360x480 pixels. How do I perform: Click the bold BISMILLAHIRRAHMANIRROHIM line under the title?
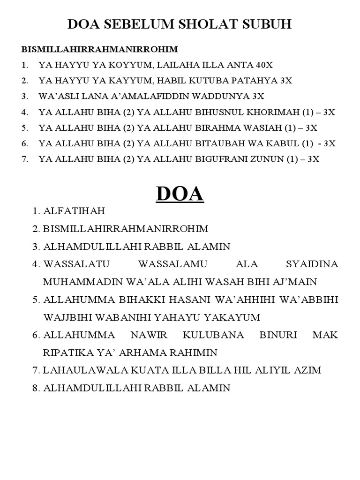pos(99,49)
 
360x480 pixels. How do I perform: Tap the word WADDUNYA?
pos(226,96)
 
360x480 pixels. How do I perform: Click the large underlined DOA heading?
pos(180,194)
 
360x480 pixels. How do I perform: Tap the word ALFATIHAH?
pos(74,211)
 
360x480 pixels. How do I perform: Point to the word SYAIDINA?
pos(312,264)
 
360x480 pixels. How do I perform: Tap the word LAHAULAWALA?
pos(75,370)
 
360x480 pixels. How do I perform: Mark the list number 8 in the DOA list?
pos(37,388)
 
